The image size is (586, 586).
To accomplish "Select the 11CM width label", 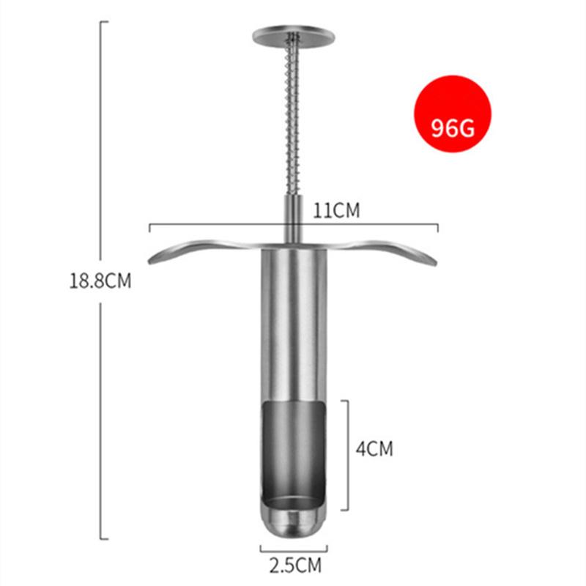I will click(x=336, y=210).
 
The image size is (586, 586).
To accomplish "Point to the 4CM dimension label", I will click(x=374, y=448).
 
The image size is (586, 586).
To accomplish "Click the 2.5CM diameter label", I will click(x=295, y=565).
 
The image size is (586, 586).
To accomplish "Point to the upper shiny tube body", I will click(x=294, y=322).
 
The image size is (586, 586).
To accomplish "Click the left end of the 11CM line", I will click(x=149, y=226).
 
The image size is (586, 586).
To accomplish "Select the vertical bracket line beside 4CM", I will click(x=347, y=454).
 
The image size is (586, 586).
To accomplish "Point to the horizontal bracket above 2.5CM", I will click(x=294, y=546).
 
